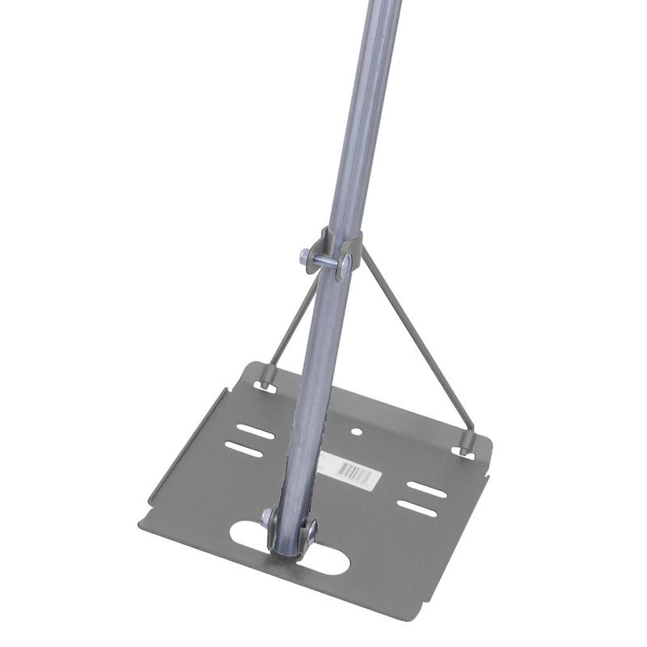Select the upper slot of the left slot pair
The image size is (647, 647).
(x=255, y=432)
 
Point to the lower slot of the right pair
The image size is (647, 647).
(x=417, y=509)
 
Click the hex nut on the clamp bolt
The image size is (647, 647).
(x=304, y=257)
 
